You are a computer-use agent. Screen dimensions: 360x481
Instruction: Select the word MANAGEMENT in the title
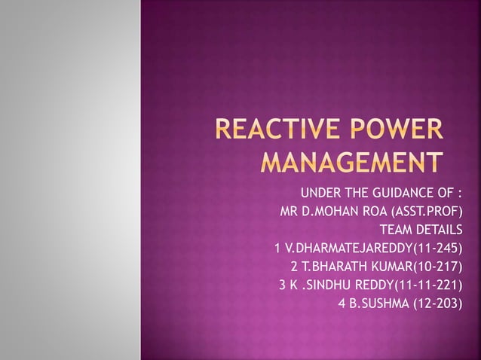(x=351, y=163)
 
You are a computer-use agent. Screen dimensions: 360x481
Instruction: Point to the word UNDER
(x=321, y=191)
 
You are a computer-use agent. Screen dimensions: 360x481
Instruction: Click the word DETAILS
(x=438, y=229)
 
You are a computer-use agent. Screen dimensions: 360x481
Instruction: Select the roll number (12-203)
(x=435, y=304)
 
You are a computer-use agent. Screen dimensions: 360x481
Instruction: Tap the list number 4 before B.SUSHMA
(x=343, y=304)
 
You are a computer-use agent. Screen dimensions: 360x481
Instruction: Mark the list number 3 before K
(x=283, y=285)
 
